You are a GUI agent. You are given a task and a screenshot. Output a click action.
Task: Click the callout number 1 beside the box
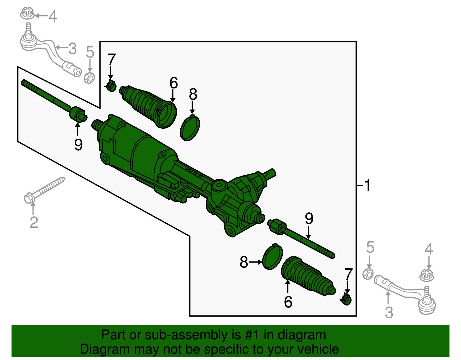point(367,185)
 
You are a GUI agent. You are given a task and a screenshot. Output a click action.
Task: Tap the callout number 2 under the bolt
point(34,222)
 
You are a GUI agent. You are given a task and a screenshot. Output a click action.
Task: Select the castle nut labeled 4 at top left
point(27,14)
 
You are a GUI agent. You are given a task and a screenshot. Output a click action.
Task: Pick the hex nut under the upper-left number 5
point(89,78)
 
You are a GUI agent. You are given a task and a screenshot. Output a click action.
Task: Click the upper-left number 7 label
point(111,60)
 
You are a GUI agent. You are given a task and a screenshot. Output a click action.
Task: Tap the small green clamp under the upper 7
point(111,86)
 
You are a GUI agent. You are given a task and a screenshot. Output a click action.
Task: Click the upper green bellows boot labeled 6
point(148,106)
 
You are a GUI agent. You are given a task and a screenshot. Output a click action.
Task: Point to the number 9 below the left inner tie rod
point(78,144)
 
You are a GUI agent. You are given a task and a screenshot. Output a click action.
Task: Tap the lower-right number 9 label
point(309,219)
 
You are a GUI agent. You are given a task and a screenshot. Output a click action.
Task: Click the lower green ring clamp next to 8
point(273,257)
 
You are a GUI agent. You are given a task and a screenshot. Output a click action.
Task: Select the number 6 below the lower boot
point(288,302)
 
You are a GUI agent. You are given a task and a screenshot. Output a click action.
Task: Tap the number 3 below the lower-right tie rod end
point(389,312)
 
